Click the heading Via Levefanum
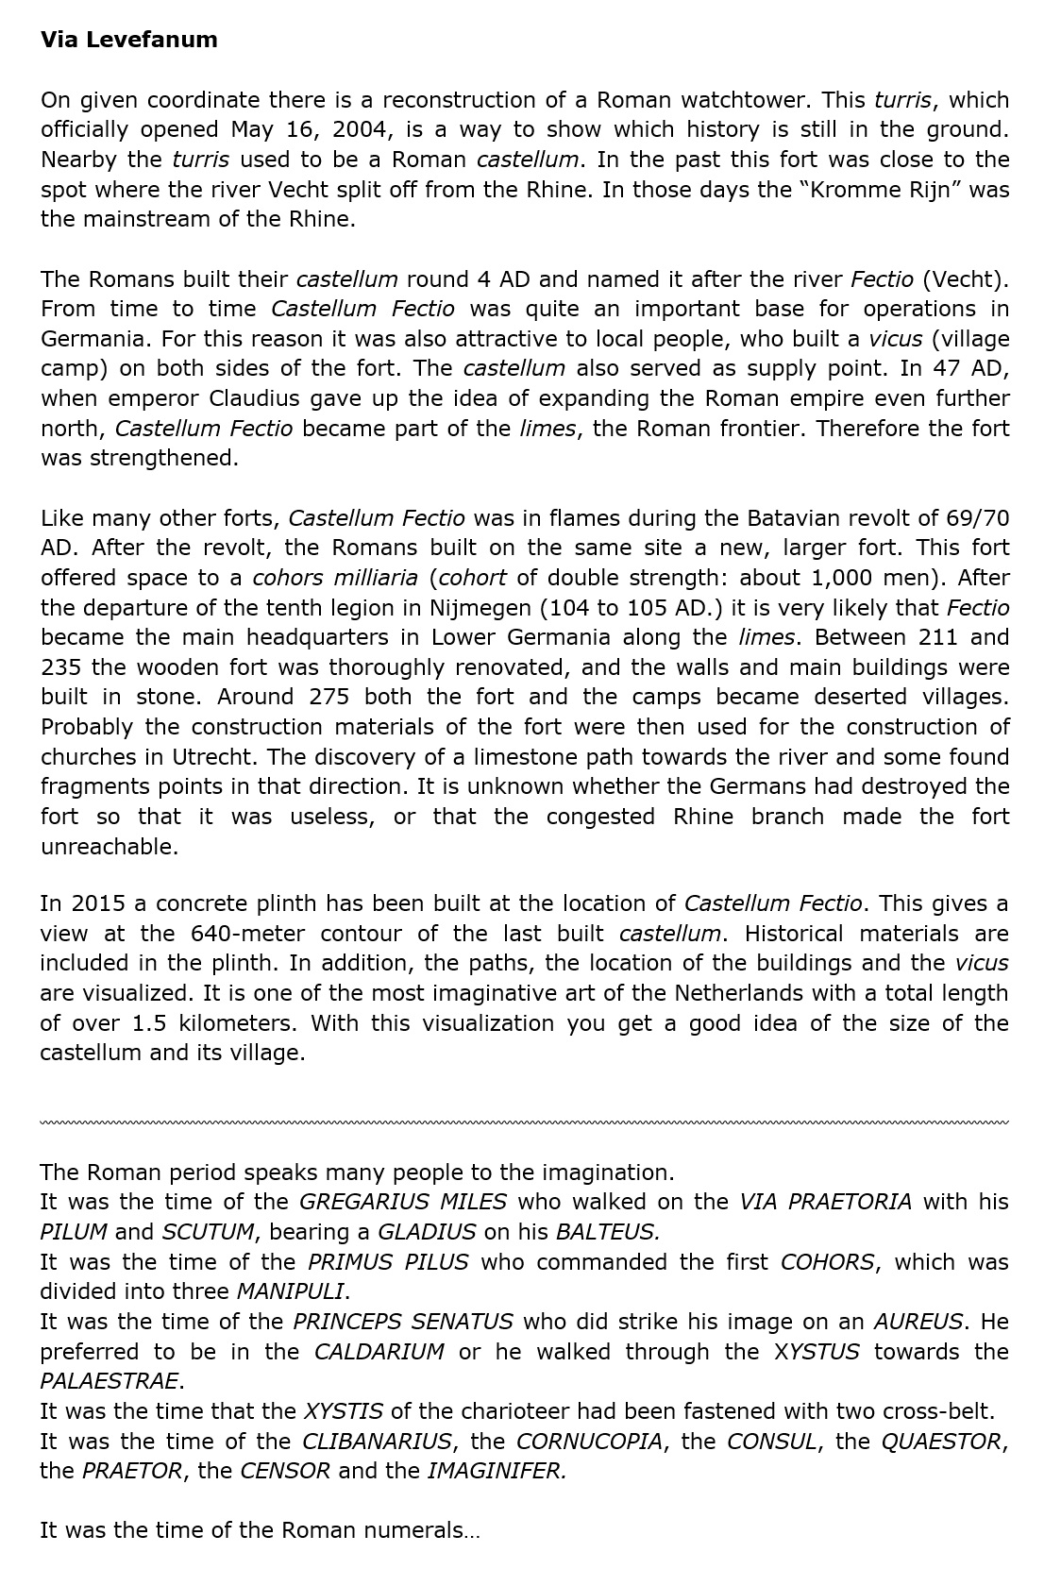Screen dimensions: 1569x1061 pyautogui.click(x=128, y=40)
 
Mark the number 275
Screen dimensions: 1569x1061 pyautogui.click(x=329, y=698)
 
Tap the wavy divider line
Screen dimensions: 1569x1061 pyautogui.click(x=524, y=1122)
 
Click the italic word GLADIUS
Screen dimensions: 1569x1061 pyautogui.click(x=427, y=1232)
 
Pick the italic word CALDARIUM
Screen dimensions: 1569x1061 pyautogui.click(x=379, y=1352)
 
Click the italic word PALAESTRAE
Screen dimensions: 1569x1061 pyautogui.click(x=109, y=1381)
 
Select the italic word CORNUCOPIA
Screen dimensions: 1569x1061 pyautogui.click(x=589, y=1442)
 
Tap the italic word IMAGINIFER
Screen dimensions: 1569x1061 pyautogui.click(x=497, y=1471)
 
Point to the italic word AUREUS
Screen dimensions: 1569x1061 pyautogui.click(x=918, y=1322)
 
